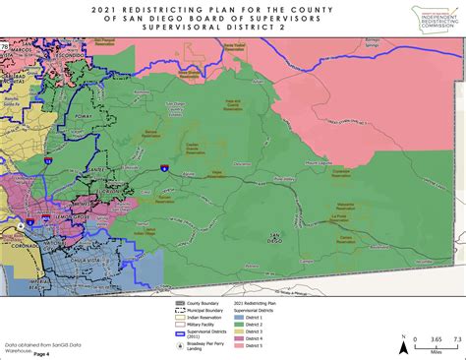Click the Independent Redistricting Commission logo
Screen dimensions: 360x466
tap(426, 21)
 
